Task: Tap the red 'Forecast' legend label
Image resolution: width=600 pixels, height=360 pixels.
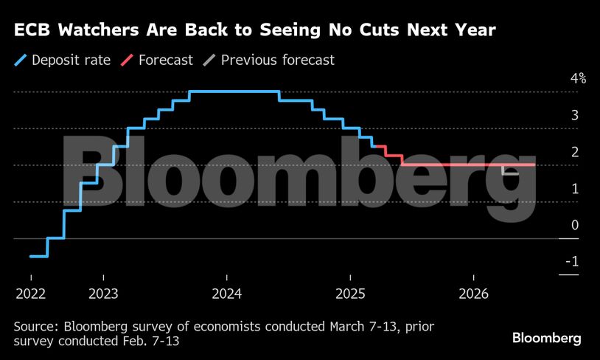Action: tap(165, 60)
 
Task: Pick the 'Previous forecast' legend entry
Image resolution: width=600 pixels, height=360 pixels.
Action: tap(278, 60)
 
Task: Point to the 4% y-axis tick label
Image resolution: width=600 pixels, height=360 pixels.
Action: tap(576, 79)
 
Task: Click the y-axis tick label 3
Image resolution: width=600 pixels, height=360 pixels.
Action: tap(573, 116)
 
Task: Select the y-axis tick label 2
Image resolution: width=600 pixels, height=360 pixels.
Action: tap(573, 152)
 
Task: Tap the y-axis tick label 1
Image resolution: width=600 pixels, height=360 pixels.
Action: tap(573, 189)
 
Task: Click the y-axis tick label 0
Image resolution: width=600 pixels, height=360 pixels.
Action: tap(573, 225)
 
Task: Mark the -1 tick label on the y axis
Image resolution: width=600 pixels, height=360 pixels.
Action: tap(571, 262)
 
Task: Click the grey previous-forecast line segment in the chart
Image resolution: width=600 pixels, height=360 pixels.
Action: tap(510, 173)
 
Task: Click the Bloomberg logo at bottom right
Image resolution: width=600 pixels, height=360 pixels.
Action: tap(546, 338)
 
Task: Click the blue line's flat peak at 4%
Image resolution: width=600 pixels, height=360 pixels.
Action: tap(234, 91)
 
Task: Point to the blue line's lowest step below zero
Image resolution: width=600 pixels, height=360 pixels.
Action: tap(39, 256)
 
